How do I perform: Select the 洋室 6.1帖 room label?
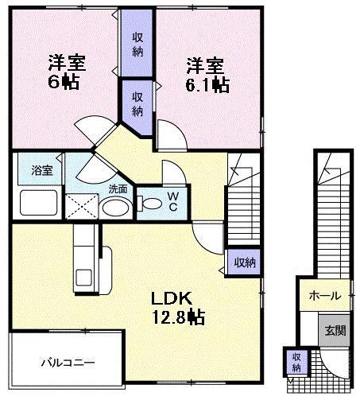[207, 75]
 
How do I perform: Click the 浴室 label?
[41, 170]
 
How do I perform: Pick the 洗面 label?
[118, 189]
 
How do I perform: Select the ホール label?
[324, 296]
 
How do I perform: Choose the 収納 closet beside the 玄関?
[296, 362]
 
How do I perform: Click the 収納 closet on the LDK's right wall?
[244, 262]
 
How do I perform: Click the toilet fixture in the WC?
[149, 203]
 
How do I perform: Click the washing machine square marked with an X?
[81, 205]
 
